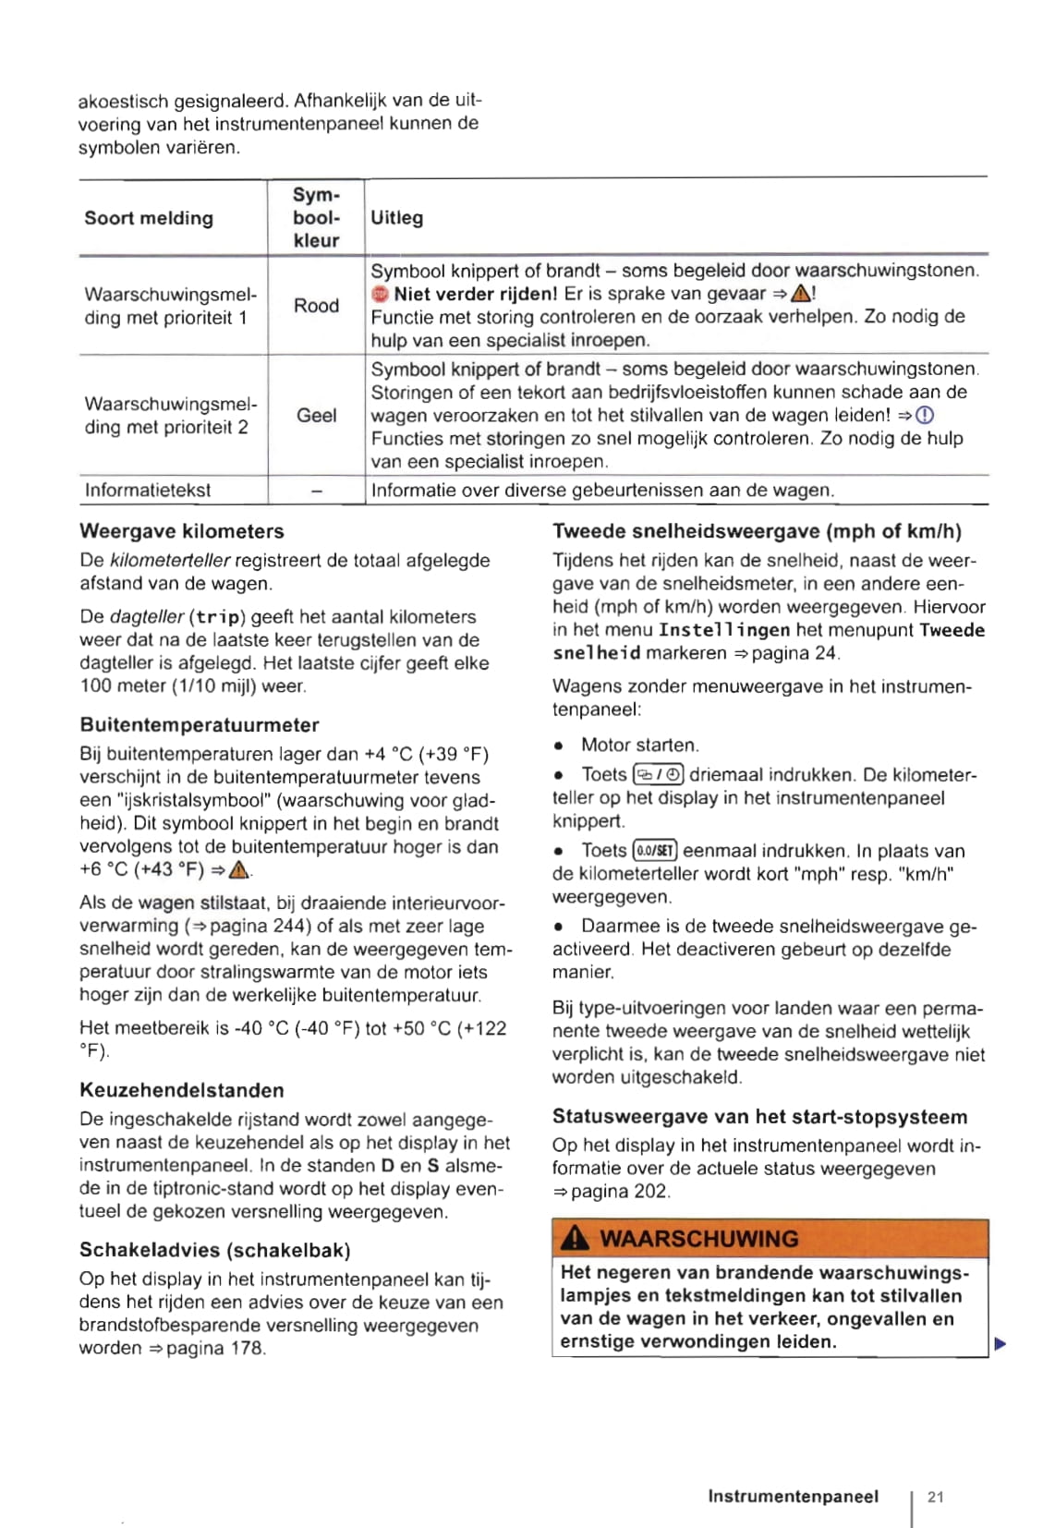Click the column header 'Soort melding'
[149, 218]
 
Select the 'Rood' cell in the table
[316, 306]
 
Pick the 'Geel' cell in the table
[316, 416]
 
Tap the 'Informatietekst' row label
[148, 491]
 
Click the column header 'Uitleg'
[396, 218]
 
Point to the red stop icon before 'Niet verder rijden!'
[380, 295]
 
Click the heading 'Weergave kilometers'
[182, 531]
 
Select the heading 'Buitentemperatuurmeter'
[200, 725]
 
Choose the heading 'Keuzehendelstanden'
[182, 1090]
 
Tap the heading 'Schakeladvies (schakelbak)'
[215, 1250]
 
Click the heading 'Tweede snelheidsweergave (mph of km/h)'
[757, 531]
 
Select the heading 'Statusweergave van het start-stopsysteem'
[759, 1117]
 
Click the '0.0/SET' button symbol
[655, 851]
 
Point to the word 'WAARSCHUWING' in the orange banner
[698, 1239]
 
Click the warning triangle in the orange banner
[575, 1239]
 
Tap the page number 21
[936, 1498]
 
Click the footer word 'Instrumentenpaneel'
[793, 1497]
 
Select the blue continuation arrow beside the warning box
[1000, 1344]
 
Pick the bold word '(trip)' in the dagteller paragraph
[217, 617]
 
